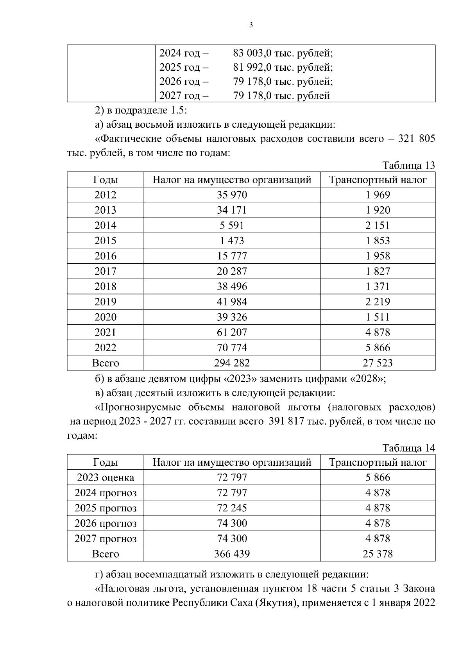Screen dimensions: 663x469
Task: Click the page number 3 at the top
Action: click(251, 25)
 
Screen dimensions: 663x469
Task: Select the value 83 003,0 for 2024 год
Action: click(249, 53)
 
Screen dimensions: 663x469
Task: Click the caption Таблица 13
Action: click(408, 166)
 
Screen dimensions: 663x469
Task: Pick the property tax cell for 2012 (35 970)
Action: click(232, 195)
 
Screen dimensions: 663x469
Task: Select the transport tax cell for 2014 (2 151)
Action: click(378, 225)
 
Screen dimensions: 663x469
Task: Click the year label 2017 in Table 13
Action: click(106, 271)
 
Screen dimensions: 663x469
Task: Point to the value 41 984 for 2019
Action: click(232, 302)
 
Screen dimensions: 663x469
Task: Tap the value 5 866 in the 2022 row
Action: click(378, 348)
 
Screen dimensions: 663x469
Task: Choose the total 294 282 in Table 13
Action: click(232, 363)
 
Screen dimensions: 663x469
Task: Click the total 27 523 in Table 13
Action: click(378, 363)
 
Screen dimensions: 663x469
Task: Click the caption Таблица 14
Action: click(408, 448)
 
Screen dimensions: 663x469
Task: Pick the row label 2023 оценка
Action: click(106, 477)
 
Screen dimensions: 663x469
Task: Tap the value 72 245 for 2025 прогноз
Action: click(232, 508)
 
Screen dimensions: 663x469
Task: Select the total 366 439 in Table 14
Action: click(232, 554)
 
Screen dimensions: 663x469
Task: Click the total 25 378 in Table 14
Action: click(378, 554)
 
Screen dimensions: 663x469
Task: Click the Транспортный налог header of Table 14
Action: click(378, 463)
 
